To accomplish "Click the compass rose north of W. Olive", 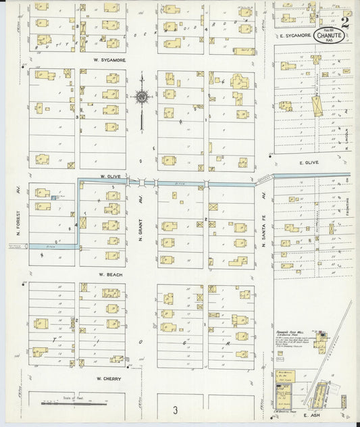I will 141,98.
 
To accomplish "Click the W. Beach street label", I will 108,274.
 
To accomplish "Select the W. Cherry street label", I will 108,378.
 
